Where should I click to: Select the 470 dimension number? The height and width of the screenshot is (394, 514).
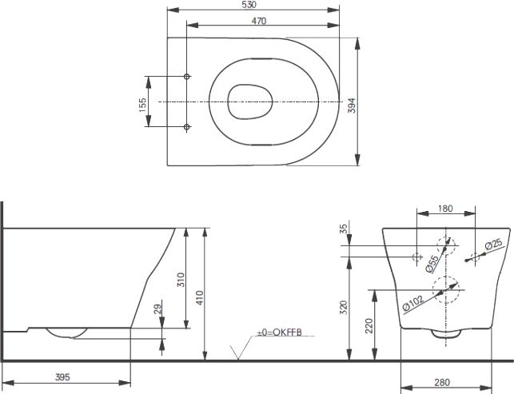259,21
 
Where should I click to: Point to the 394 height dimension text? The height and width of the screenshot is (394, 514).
352,105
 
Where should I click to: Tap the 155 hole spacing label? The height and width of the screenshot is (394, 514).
143,105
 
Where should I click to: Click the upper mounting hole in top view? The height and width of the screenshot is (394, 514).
187,77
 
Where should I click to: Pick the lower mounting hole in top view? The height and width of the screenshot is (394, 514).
187,126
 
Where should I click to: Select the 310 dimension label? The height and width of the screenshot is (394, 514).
181,280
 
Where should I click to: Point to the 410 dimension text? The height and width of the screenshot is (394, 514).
200,297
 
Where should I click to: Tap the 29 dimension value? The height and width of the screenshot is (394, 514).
158,309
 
